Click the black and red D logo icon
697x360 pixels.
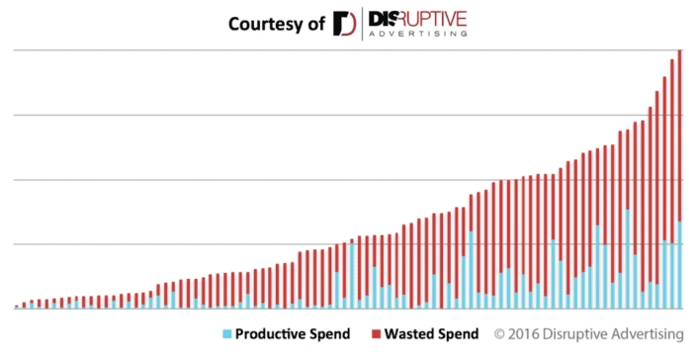click(x=344, y=23)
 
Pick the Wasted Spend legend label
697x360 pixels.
click(x=432, y=334)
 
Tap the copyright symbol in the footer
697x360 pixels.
click(x=499, y=334)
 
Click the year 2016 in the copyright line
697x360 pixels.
click(x=525, y=334)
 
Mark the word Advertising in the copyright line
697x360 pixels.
click(x=648, y=334)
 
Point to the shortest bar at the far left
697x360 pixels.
click(x=17, y=307)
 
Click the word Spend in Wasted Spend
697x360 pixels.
click(x=458, y=334)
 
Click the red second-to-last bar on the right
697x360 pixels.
click(x=672, y=148)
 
